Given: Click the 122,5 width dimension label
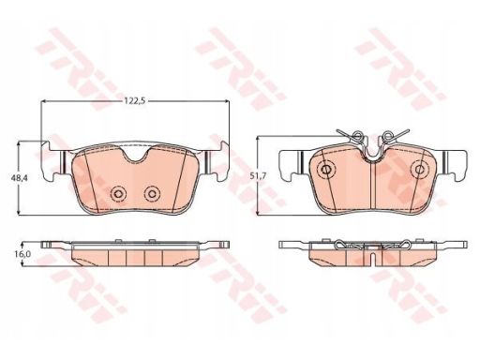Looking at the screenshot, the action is click(x=135, y=101).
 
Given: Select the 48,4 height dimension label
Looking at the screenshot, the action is click(x=19, y=178).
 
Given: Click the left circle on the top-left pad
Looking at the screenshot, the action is click(x=118, y=194).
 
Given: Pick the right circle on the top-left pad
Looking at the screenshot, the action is click(x=152, y=194).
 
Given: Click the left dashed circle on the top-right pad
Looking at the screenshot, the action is click(x=326, y=170).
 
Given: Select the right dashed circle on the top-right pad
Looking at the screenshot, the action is click(x=419, y=170).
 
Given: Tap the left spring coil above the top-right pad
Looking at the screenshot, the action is click(x=357, y=136).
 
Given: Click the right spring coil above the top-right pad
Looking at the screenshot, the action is click(x=388, y=136).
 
